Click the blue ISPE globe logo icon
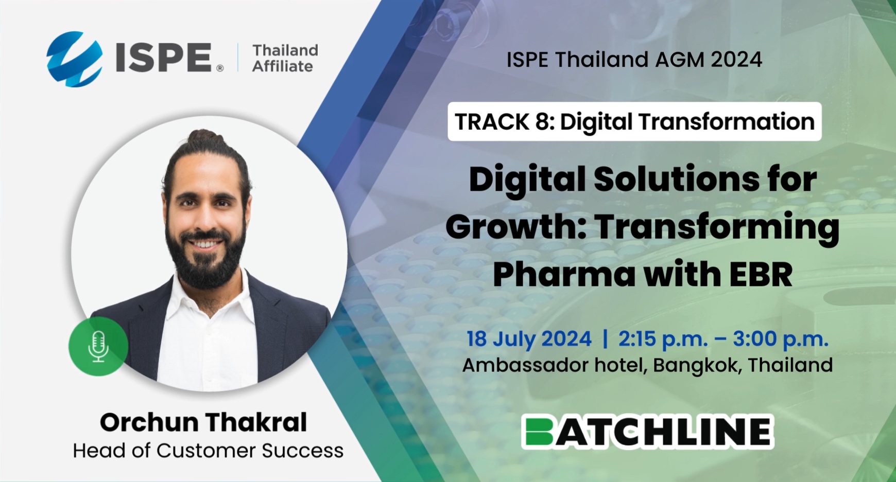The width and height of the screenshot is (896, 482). click(x=75, y=59)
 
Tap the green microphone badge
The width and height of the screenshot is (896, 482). click(x=98, y=346)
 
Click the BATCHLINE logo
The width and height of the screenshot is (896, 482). click(x=648, y=432)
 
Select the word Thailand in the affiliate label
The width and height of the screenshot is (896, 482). click(x=285, y=50)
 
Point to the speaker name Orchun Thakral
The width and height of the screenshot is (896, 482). click(x=203, y=422)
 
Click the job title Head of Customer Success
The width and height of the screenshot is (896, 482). click(x=208, y=451)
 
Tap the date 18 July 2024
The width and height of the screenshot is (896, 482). click(x=529, y=339)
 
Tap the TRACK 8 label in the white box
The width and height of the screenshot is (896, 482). click(x=505, y=122)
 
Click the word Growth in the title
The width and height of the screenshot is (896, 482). click(x=516, y=227)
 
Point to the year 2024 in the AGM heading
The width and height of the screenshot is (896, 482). click(x=736, y=60)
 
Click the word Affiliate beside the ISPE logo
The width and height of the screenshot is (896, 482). click(x=282, y=66)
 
